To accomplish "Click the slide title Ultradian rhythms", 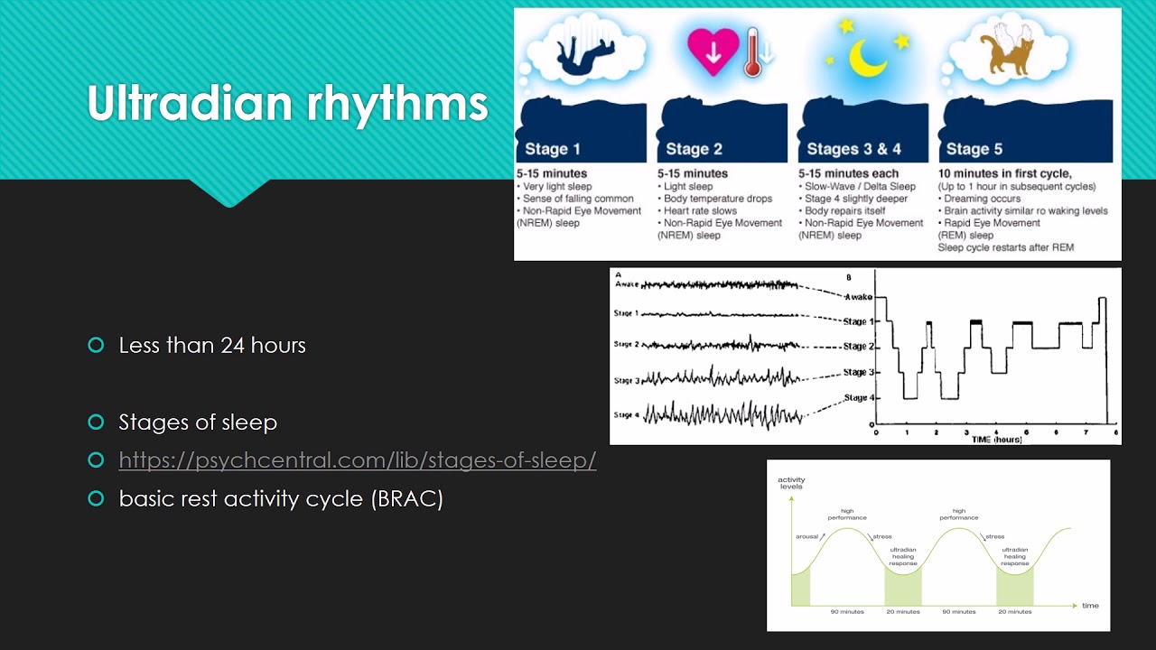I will click(287, 104).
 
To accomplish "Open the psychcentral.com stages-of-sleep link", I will click(358, 460).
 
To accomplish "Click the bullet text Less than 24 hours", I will click(212, 345).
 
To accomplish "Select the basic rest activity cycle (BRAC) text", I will click(281, 498).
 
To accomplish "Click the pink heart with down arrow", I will click(713, 52).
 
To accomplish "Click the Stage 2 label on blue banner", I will click(693, 149).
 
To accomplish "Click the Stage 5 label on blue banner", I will click(974, 149).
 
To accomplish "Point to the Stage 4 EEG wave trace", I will click(722, 415).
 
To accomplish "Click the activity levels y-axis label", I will click(791, 483).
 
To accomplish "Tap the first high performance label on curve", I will click(847, 515).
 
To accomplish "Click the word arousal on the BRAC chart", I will click(806, 536).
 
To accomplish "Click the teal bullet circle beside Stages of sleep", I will click(97, 422).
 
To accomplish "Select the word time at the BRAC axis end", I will click(1090, 605).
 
